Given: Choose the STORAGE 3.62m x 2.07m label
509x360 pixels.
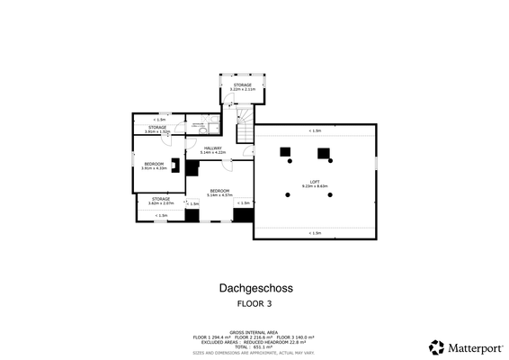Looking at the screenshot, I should pyautogui.click(x=161, y=201).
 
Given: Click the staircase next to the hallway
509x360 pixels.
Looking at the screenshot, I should pyautogui.click(x=245, y=127).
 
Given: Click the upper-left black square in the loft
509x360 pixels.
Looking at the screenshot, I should pyautogui.click(x=285, y=151).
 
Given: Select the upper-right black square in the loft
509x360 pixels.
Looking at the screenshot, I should pyautogui.click(x=323, y=151).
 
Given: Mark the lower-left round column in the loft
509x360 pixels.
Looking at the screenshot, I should pyautogui.click(x=287, y=193).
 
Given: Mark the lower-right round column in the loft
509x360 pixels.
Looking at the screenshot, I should pyautogui.click(x=331, y=193).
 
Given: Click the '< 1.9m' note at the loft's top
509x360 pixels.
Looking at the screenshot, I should pyautogui.click(x=315, y=130).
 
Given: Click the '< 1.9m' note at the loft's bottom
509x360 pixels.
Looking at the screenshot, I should pyautogui.click(x=315, y=233).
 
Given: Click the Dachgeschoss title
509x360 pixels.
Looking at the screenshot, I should pyautogui.click(x=255, y=290).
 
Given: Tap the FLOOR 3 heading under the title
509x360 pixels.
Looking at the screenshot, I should pyautogui.click(x=255, y=304).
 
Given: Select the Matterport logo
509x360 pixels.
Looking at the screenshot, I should pyautogui.click(x=461, y=346).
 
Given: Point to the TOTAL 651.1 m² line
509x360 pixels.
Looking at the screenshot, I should pyautogui.click(x=255, y=346).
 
